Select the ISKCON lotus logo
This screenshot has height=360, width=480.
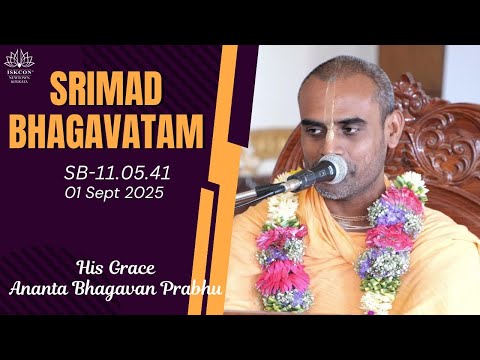click(19, 61)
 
